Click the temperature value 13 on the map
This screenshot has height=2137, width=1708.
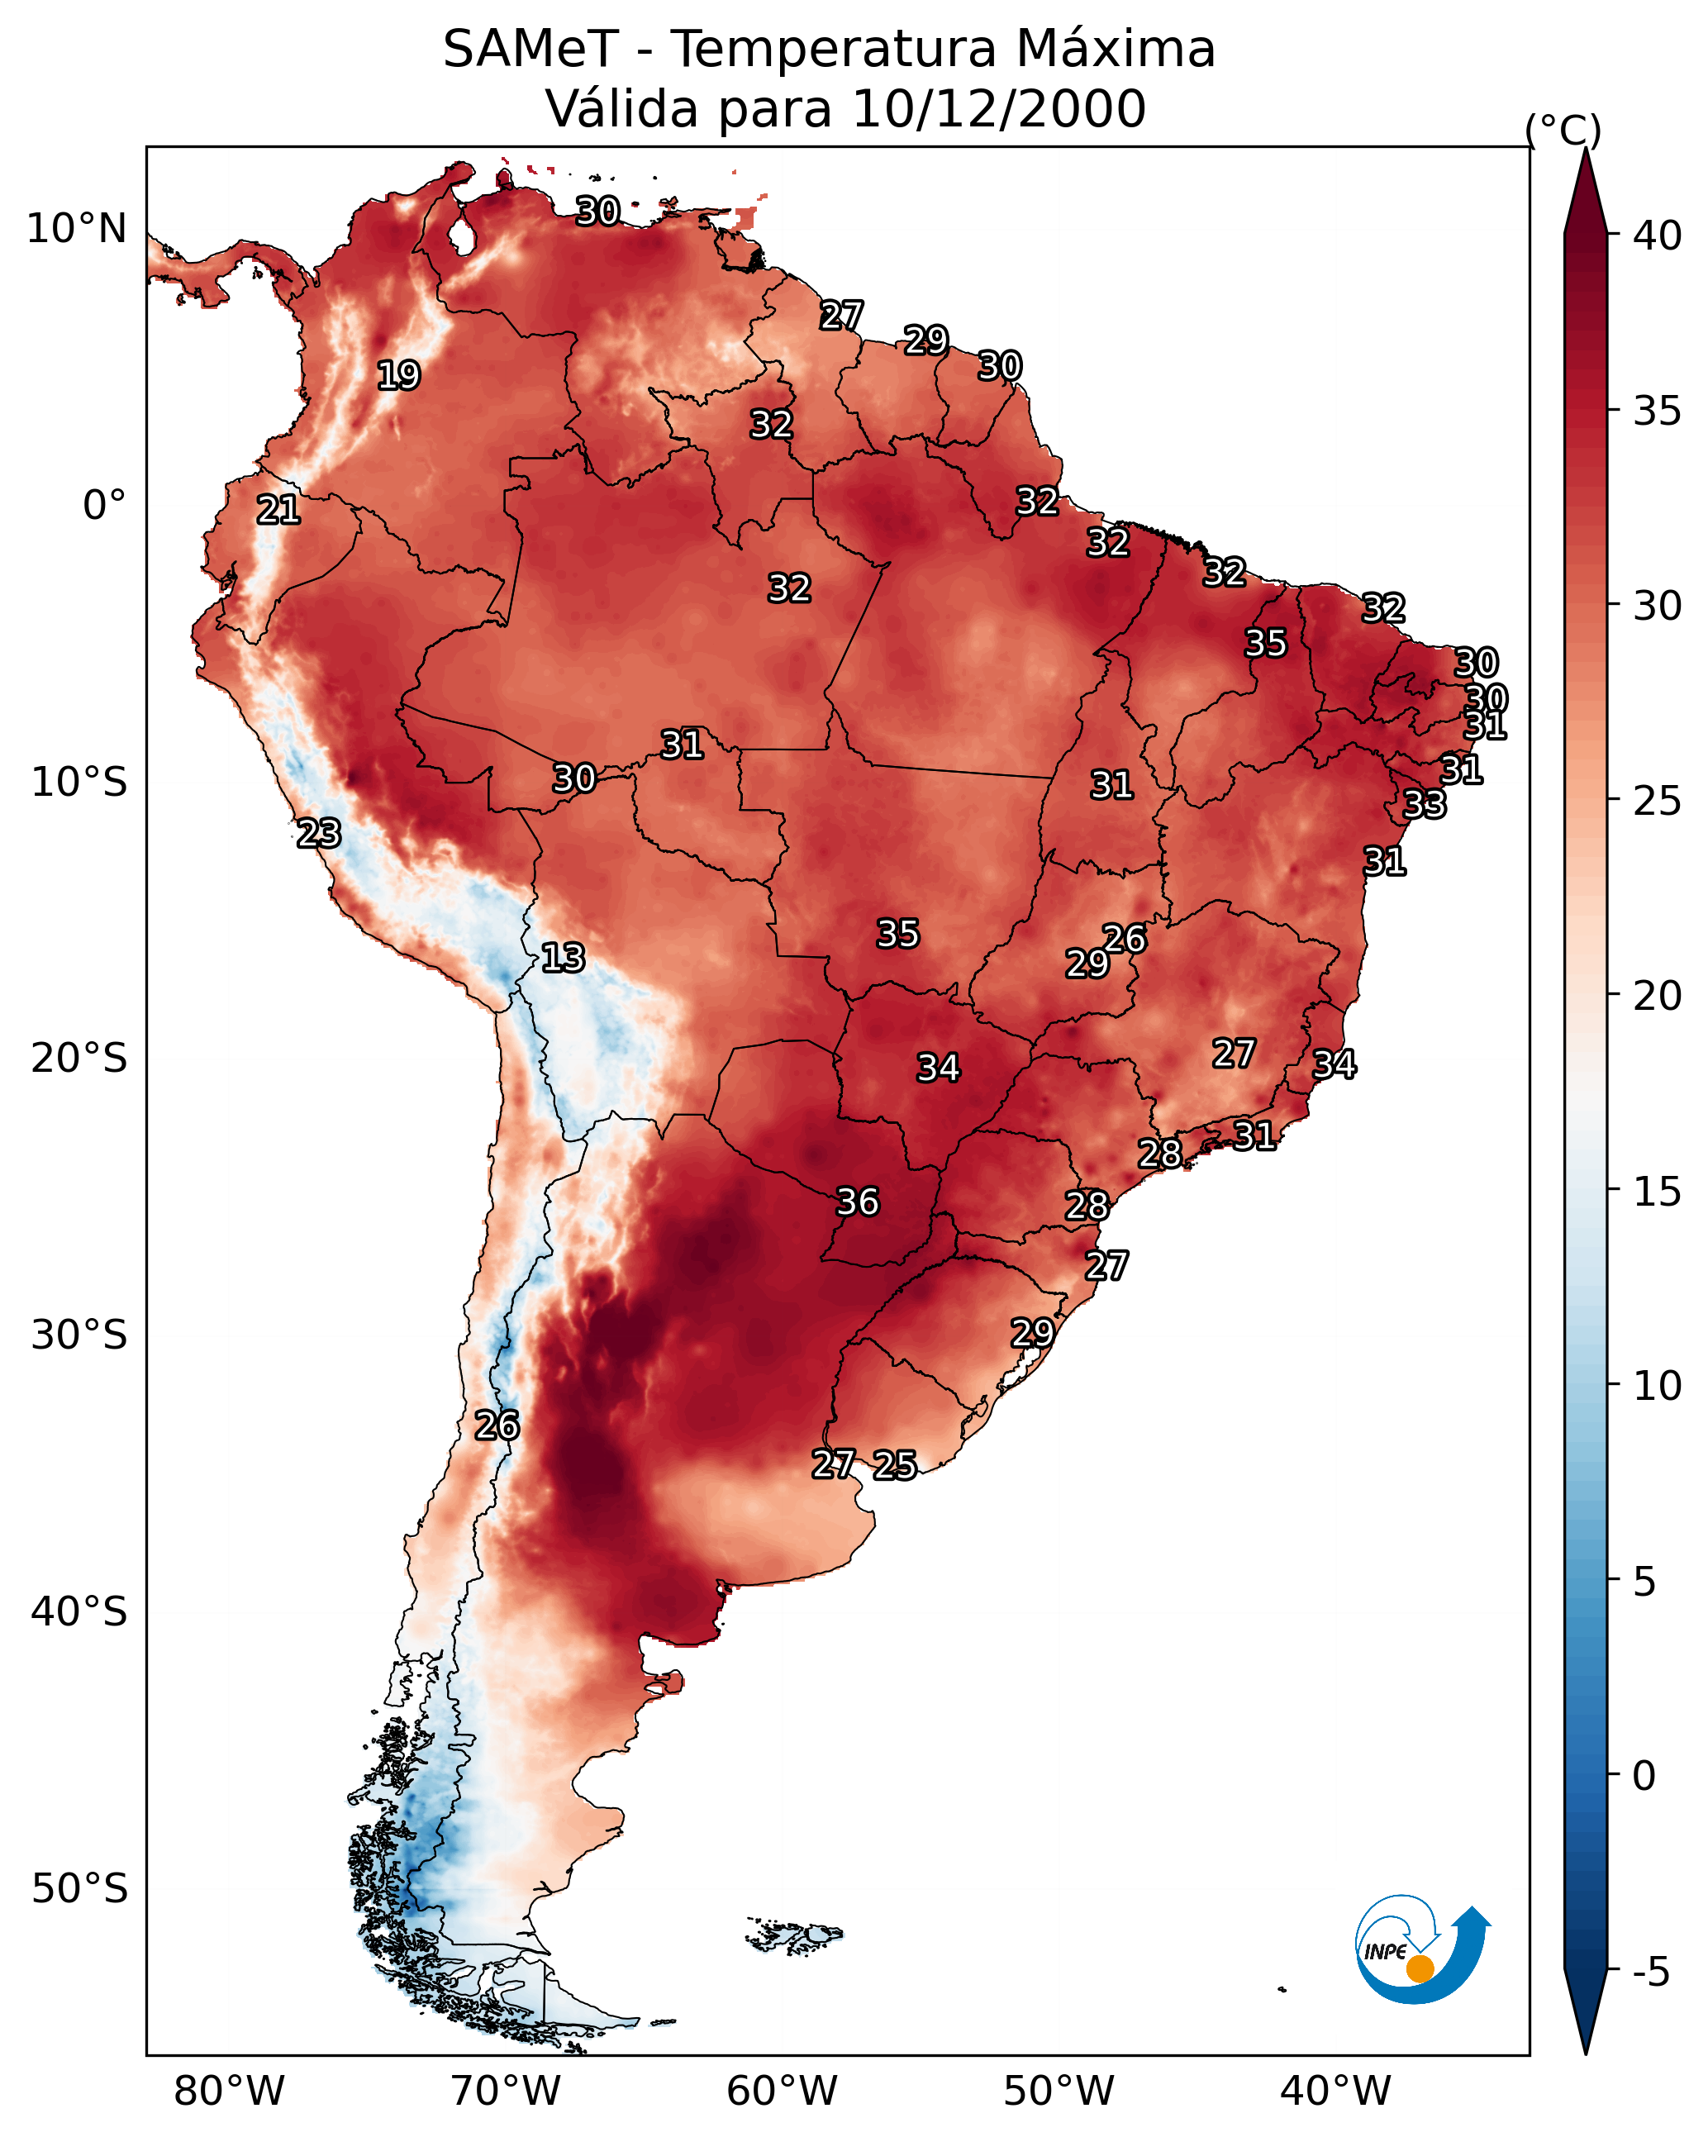(562, 959)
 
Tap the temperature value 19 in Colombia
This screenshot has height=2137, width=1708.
(398, 376)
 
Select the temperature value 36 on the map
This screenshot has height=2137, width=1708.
(858, 1202)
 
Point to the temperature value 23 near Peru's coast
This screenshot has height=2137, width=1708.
(318, 834)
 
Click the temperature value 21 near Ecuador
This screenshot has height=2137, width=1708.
(278, 511)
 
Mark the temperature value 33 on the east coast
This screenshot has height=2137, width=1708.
(1425, 804)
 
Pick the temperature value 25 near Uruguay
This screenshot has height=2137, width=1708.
(894, 1465)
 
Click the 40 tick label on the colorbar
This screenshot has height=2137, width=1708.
(1658, 236)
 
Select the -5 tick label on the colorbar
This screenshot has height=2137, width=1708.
(1650, 1973)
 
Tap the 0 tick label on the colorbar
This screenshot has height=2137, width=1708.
(1644, 1776)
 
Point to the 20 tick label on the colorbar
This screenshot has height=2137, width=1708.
(1658, 995)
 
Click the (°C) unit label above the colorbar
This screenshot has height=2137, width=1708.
(1563, 130)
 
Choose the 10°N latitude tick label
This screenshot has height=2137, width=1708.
(78, 229)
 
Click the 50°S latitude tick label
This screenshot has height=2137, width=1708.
(79, 1889)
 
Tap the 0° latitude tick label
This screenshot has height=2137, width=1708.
(104, 506)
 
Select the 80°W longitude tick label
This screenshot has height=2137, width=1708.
(229, 2092)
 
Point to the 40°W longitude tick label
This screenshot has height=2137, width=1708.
(1335, 2092)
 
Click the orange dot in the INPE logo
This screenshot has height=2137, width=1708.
(1420, 1968)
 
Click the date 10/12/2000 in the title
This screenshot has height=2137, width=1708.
(998, 109)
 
